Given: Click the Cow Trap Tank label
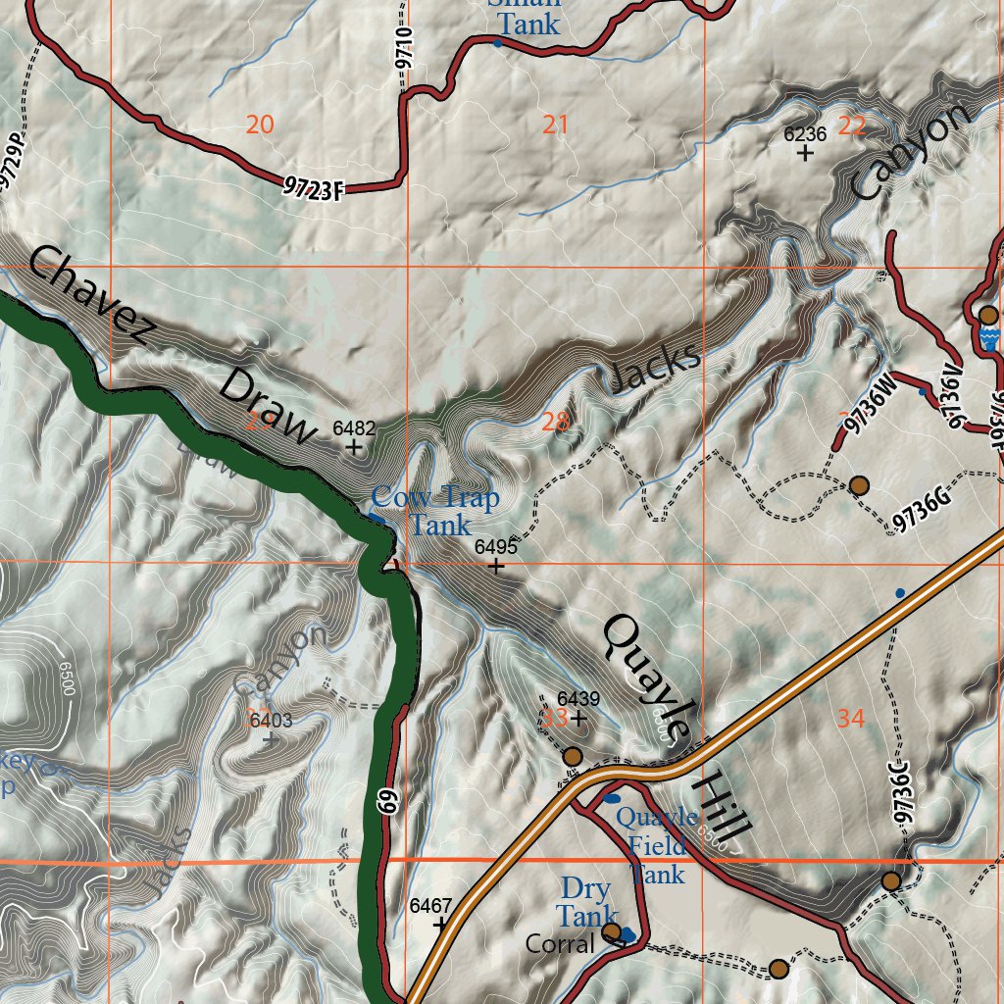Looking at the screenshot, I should pos(434,512).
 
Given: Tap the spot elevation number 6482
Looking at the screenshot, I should pos(354,428).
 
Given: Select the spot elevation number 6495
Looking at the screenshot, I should pos(495,548).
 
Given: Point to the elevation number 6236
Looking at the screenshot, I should pos(805,134).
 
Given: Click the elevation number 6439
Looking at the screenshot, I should pos(577,699).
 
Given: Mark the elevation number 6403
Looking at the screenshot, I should pos(271,722).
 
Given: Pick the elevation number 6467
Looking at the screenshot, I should pos(430,905).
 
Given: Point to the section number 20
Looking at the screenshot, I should pos(260,125).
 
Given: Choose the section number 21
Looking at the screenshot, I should pos(555,125).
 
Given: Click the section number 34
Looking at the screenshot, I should pos(850,719).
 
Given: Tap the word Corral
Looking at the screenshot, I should pos(560,944).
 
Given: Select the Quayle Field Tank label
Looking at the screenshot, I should pos(657,845).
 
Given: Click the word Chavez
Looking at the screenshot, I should pos(90,297).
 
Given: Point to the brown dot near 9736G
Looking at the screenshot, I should pos(859,485).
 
